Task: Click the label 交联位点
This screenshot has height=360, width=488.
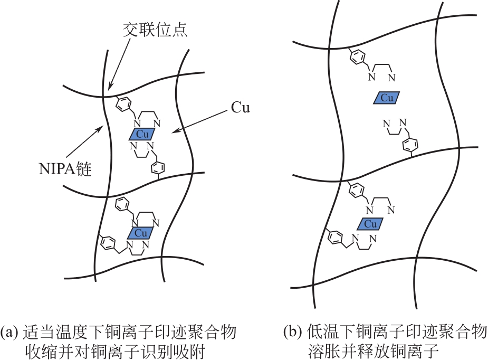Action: (x=155, y=30)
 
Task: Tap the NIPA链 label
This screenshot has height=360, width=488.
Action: (x=65, y=168)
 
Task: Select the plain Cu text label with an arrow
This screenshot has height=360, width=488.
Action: (x=240, y=108)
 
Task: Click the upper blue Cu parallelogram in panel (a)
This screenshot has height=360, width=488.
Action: (x=142, y=134)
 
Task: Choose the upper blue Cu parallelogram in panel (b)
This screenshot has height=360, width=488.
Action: (x=387, y=98)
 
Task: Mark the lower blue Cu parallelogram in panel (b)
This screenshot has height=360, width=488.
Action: (x=370, y=224)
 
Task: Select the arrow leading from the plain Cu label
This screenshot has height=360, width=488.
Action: (x=199, y=121)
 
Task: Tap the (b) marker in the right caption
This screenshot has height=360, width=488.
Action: (x=293, y=332)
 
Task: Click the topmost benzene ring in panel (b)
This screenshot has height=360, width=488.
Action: (x=358, y=58)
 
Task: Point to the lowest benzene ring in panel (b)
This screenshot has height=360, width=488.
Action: (x=336, y=238)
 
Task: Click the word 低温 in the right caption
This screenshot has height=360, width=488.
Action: (x=322, y=332)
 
